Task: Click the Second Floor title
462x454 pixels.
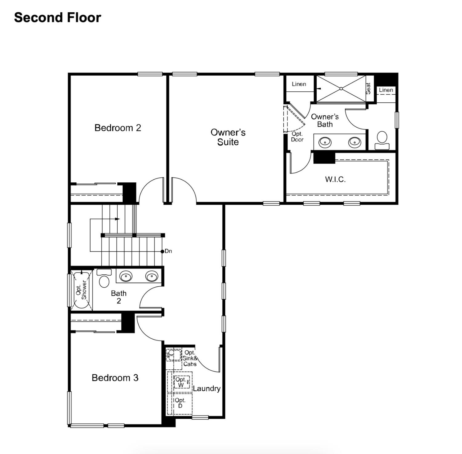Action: pos(58,18)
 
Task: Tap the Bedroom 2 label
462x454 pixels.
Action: pos(118,128)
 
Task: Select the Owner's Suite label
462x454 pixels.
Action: pos(228,137)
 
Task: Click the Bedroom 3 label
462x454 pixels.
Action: pos(115,378)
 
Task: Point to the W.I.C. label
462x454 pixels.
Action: pos(335,179)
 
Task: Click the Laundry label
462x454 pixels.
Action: pos(206,388)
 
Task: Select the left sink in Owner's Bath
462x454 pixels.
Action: pos(325,142)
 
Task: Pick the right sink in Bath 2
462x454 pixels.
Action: pos(152,276)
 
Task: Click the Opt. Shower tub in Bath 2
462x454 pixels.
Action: pos(81,290)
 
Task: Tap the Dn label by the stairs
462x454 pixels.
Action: pos(168,251)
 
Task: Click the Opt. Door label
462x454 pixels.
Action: pos(297,137)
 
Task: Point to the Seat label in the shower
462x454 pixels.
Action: pos(368,89)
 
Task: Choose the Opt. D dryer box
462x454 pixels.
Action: pos(180,403)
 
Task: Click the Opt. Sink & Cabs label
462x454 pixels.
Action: pos(190,358)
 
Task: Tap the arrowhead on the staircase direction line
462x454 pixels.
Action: pos(117,219)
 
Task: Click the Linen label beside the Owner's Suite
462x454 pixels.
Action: pos(299,84)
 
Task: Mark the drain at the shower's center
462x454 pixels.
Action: pos(341,89)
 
